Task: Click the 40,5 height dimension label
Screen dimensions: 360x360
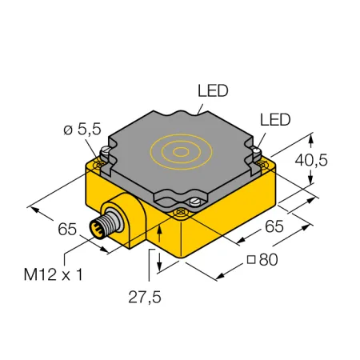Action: point(311,160)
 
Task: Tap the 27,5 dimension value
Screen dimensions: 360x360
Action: point(145,297)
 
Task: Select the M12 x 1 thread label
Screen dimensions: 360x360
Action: point(54,274)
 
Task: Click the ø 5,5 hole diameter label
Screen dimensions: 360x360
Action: point(82,130)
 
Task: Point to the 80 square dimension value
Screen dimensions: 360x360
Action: point(268,259)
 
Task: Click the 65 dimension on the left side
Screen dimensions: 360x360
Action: point(67,229)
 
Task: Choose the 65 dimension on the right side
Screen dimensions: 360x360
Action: point(274,226)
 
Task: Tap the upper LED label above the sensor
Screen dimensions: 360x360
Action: point(213,90)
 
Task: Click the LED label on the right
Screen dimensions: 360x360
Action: point(275,120)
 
